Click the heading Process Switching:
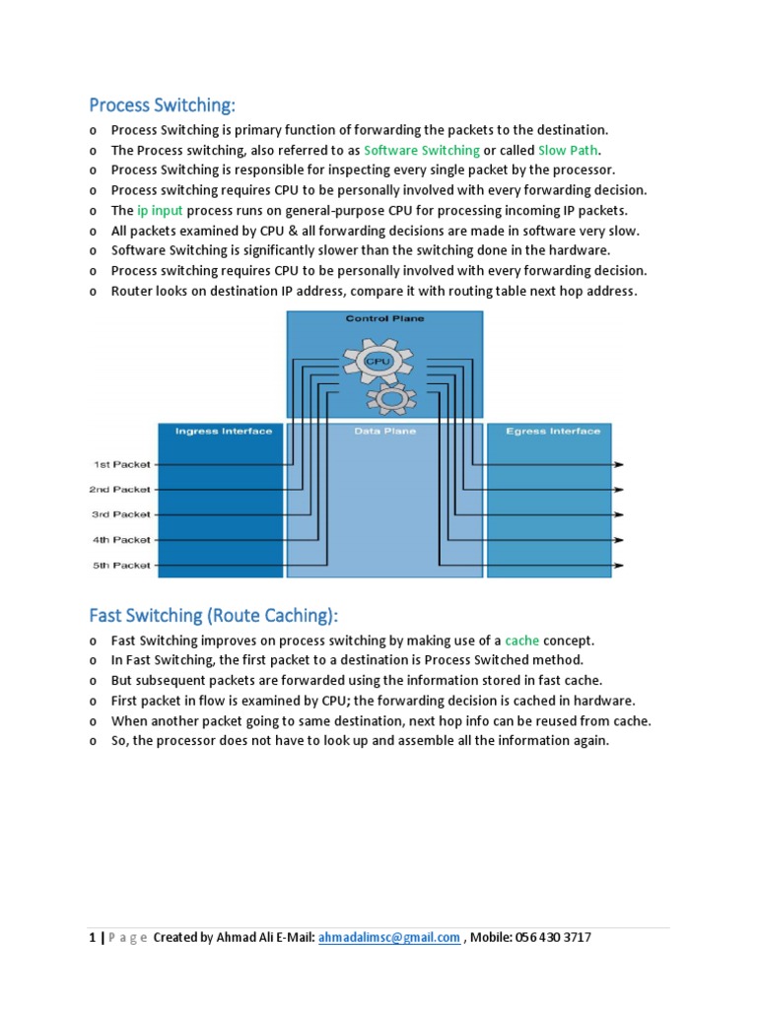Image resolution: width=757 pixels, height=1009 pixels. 164,104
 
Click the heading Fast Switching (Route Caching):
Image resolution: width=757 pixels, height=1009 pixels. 213,616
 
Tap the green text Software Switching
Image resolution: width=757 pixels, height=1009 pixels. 422,151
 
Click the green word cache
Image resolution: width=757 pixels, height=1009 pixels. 522,640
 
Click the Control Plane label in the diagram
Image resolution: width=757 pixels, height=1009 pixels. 384,319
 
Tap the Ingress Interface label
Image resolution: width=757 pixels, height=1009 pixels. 223,432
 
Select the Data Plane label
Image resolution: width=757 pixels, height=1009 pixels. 384,432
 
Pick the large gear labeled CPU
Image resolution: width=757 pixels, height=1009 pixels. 378,362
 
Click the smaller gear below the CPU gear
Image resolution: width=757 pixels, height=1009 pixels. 389,397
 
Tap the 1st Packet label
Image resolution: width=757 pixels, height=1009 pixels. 122,464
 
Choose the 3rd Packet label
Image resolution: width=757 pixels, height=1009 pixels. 122,514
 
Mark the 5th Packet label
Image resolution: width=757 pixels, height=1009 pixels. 122,566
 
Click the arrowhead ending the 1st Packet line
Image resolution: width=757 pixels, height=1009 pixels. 618,464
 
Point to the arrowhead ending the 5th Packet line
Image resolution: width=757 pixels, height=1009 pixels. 618,566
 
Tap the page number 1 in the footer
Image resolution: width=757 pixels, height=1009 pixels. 93,938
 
